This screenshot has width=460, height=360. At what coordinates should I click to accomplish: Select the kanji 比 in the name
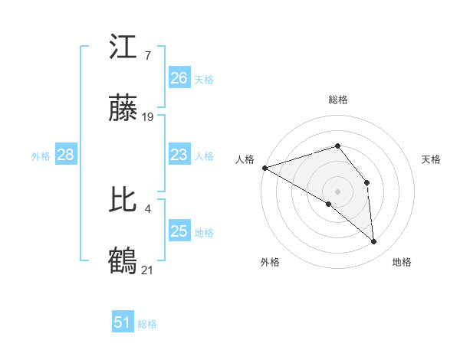[123, 201]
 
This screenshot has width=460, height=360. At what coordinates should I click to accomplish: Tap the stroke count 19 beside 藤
[148, 117]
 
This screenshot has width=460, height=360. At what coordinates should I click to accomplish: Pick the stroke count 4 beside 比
[146, 208]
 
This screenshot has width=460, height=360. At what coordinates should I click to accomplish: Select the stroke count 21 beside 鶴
[148, 270]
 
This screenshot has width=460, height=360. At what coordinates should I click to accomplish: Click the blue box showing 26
[179, 78]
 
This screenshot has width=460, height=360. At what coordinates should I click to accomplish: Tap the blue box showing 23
[179, 155]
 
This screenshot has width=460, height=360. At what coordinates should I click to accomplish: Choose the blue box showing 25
[179, 231]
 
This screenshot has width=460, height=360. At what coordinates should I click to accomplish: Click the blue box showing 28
[66, 155]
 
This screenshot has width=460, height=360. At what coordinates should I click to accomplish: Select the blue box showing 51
[123, 323]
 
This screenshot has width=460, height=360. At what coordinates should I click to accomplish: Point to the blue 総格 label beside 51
[147, 324]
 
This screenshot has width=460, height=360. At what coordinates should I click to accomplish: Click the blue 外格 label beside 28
[41, 156]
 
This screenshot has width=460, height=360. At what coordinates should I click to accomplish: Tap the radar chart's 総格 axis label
[338, 100]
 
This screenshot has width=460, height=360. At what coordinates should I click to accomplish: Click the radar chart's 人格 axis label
[245, 159]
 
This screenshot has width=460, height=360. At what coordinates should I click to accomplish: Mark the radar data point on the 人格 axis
[264, 168]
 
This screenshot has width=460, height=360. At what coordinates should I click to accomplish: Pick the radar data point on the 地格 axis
[374, 241]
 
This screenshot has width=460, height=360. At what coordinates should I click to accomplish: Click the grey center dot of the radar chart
[338, 191]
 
